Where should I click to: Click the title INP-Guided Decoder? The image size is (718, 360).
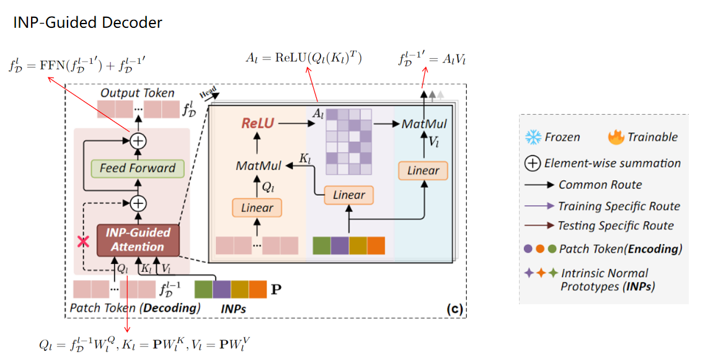click(87, 23)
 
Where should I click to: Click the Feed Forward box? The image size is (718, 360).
click(138, 168)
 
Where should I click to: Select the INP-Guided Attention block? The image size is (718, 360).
click(138, 240)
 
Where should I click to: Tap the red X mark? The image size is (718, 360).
click(81, 242)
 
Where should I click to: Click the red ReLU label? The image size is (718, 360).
click(257, 123)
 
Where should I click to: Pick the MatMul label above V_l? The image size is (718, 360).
click(424, 124)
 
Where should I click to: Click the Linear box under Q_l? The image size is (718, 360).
click(257, 208)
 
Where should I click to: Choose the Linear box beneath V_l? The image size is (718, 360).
click(423, 170)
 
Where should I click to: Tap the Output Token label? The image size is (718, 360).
click(137, 93)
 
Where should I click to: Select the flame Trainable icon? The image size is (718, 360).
click(616, 136)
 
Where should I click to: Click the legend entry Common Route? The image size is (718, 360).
click(600, 185)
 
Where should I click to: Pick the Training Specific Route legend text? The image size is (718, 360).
click(618, 206)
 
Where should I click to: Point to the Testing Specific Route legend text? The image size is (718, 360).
click(615, 226)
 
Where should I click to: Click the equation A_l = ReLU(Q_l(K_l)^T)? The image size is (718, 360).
click(304, 59)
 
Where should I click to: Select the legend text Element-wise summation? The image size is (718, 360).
click(612, 164)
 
